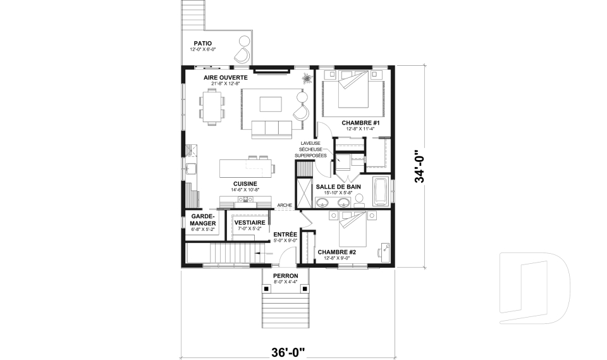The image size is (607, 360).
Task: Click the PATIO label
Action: click(x=203, y=43)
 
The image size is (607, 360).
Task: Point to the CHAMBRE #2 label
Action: click(x=337, y=252)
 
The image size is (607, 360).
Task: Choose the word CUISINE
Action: click(x=244, y=183)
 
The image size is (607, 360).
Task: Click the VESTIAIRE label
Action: click(x=249, y=223)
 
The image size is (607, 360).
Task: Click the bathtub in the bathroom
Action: click(x=381, y=193)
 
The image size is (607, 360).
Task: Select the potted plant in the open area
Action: click(x=307, y=79)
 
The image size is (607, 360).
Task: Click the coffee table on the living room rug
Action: click(x=271, y=104)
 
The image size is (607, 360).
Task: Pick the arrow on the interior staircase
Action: click(x=260, y=255)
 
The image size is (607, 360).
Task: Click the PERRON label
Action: click(x=285, y=276)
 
